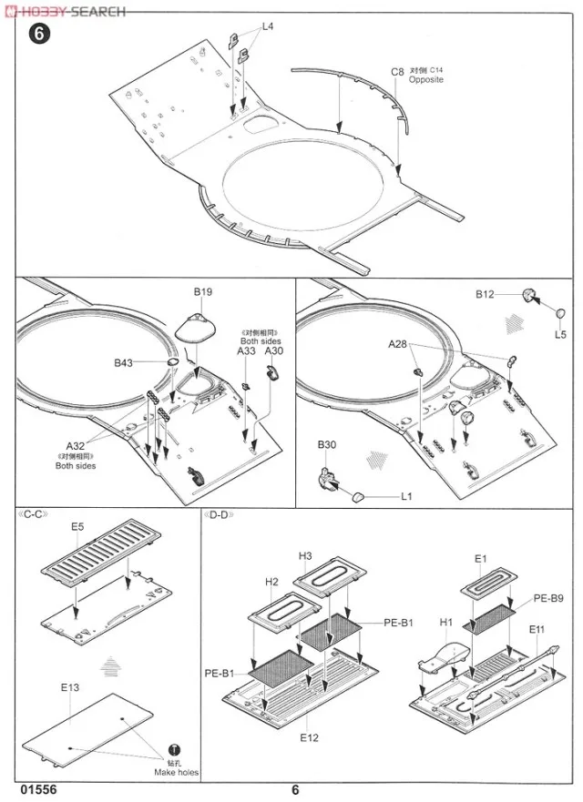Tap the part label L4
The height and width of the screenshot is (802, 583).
pos(268,26)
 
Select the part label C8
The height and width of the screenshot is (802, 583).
pos(397,70)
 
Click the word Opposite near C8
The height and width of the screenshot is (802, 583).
pos(425,80)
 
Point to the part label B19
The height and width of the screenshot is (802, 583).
pos(202,292)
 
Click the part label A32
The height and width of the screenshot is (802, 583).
pos(76,446)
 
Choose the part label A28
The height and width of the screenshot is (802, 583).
pos(398,344)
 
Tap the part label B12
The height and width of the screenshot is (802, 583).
pos(484,295)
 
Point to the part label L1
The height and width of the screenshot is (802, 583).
pos(406,496)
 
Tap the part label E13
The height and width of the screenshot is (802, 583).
pos(71,688)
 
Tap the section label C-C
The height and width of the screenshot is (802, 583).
pos(32,514)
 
